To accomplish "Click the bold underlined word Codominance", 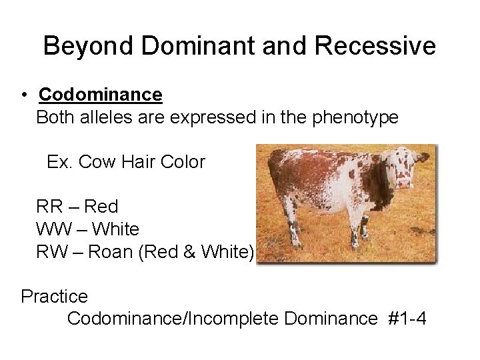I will coord(100,95).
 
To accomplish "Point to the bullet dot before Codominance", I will coord(23,96).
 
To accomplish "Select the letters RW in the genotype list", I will coord(50,251).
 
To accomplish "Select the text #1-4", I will coord(408,318).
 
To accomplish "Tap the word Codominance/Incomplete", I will coord(173,318).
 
